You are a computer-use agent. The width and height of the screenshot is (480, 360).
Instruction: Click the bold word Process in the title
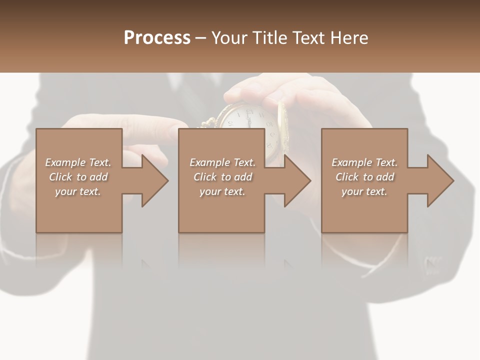coord(157,38)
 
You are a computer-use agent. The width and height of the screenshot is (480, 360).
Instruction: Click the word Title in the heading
coord(268,38)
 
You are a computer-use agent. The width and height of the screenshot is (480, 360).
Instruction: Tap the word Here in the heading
coord(349,38)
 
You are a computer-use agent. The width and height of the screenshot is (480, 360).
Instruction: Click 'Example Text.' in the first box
coord(78,162)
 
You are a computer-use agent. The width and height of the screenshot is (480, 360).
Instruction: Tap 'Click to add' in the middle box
coord(222,177)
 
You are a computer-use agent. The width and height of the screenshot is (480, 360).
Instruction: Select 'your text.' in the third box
coord(364,191)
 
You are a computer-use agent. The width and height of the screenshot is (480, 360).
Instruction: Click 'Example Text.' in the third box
coord(364,162)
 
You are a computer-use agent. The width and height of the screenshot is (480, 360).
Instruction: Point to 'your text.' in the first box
coord(78,191)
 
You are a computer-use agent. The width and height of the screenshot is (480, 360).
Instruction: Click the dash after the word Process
coord(201,38)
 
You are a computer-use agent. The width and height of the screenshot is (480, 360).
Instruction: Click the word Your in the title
coord(229,38)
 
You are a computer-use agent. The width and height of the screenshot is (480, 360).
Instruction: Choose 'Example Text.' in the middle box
coord(222,162)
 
